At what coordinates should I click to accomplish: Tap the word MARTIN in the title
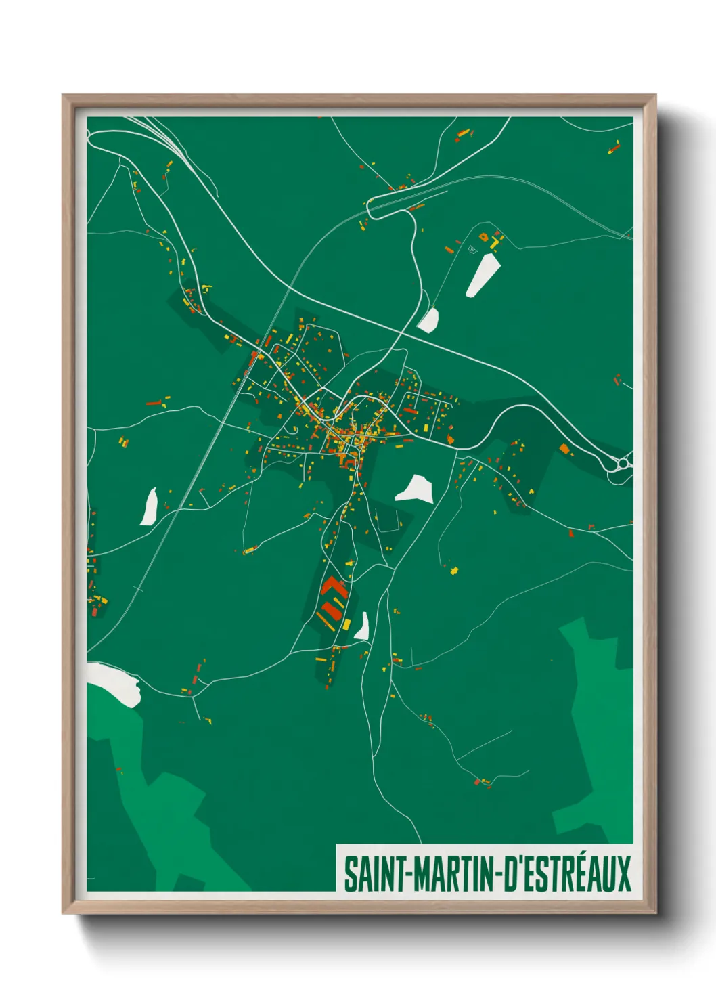(454, 874)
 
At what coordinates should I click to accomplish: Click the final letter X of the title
(623, 874)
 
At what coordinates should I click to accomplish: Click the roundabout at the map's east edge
(622, 464)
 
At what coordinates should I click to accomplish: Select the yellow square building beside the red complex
(346, 624)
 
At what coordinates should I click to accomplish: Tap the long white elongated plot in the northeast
(483, 275)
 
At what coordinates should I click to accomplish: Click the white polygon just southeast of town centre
(415, 489)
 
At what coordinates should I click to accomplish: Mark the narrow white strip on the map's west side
(149, 506)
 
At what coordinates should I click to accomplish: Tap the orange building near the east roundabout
(564, 448)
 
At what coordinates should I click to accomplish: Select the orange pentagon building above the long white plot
(484, 237)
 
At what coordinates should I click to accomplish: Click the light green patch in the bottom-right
(596, 731)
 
